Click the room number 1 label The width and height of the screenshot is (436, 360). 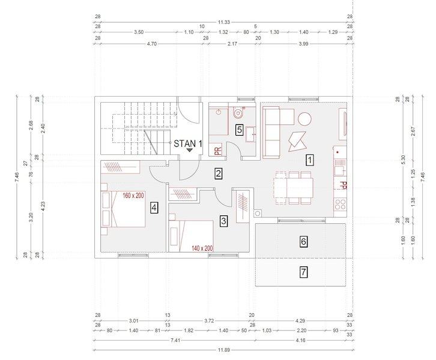click(x=310, y=160)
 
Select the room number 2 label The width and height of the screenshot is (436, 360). click(x=218, y=174)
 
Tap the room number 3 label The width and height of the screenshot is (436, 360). click(x=223, y=221)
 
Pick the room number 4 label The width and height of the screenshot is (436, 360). click(x=154, y=208)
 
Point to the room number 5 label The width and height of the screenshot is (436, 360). click(x=240, y=130)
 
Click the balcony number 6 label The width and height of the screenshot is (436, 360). click(x=303, y=241)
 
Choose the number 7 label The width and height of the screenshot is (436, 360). click(x=303, y=272)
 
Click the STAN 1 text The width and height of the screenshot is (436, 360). click(x=188, y=143)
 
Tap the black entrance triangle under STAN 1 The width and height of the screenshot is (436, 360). click(x=190, y=150)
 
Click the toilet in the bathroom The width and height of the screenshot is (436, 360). click(x=238, y=112)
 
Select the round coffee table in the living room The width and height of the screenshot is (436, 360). click(x=304, y=119)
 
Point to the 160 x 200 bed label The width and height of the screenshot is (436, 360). click(x=133, y=196)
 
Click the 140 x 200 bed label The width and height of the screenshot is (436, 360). click(x=202, y=248)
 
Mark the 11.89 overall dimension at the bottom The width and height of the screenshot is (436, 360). click(x=224, y=350)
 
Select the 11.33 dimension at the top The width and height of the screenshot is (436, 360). click(x=224, y=22)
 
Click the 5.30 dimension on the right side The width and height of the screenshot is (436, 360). click(x=404, y=159)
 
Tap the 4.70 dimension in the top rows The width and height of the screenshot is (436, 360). click(x=152, y=44)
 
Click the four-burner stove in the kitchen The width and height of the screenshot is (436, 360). click(x=340, y=204)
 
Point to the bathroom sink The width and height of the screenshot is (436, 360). click(x=252, y=134)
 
